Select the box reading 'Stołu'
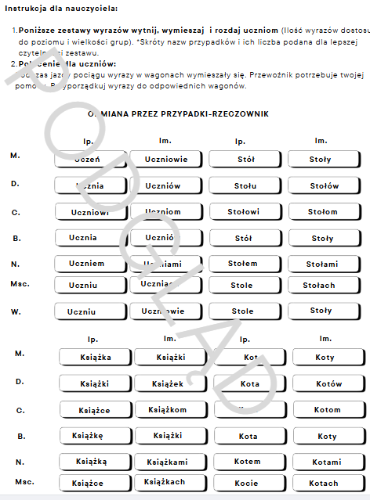[245, 186]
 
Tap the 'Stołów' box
[323, 186]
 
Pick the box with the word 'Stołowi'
[245, 212]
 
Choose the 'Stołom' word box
[323, 212]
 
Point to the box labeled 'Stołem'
[245, 264]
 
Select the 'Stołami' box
[323, 264]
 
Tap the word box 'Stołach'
[323, 286]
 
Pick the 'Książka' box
[94, 358]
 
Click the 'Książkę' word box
[94, 436]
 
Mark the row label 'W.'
[16, 311]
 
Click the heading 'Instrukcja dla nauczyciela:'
[56, 9]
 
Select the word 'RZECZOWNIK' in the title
[237, 114]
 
